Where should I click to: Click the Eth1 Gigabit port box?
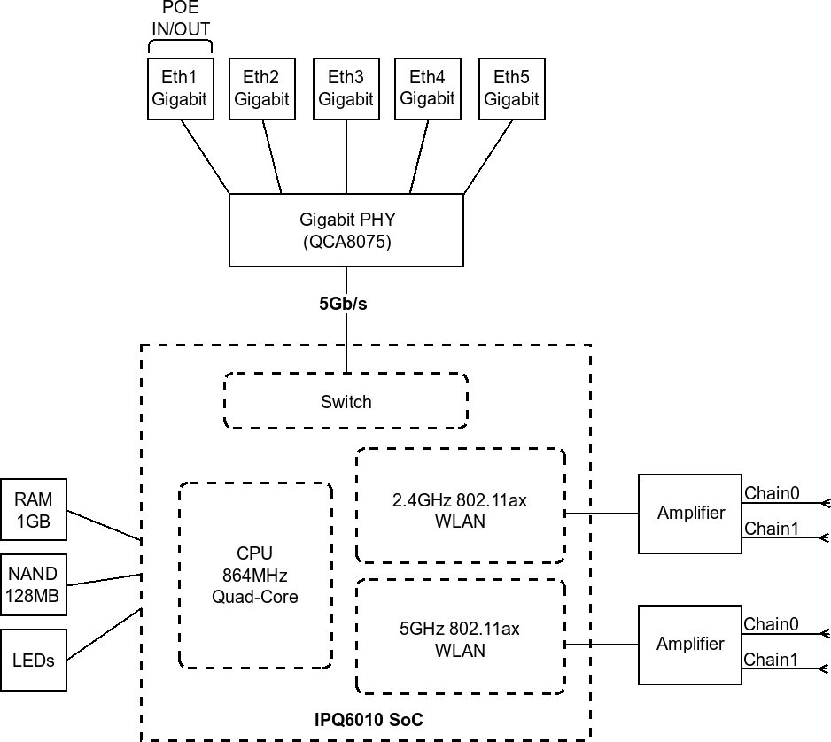(x=179, y=89)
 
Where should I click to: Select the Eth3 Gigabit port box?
(x=346, y=89)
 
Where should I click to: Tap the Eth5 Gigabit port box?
(x=512, y=89)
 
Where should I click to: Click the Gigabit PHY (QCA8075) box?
(x=346, y=230)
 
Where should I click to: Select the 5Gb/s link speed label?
(x=343, y=304)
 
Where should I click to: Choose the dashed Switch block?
(x=346, y=402)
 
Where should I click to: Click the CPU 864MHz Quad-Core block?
(x=255, y=575)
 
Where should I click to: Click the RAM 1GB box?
(x=35, y=511)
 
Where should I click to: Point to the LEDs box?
(x=35, y=660)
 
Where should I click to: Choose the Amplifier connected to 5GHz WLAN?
(x=690, y=644)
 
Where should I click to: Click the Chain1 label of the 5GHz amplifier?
(x=771, y=660)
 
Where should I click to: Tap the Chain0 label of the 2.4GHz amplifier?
(x=771, y=493)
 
